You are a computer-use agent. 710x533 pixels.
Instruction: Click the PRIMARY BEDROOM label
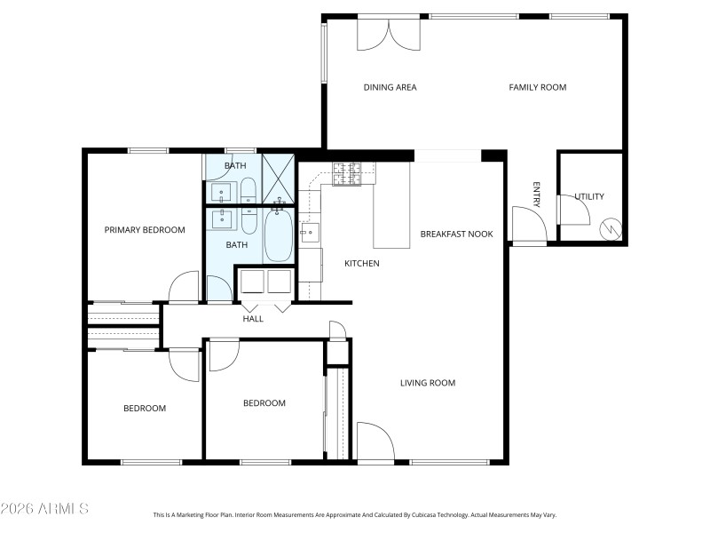tap(145, 230)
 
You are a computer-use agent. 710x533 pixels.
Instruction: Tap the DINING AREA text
tap(390, 87)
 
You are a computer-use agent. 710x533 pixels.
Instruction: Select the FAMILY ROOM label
tap(537, 87)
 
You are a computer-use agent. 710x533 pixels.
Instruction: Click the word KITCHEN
tap(362, 264)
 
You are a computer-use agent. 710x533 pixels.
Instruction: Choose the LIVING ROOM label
tap(427, 384)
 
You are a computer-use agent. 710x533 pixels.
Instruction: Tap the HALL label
tap(253, 319)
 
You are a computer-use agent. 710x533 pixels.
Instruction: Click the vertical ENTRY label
tap(536, 195)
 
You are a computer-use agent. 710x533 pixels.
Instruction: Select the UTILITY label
tap(588, 196)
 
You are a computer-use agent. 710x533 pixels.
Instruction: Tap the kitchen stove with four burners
tap(348, 174)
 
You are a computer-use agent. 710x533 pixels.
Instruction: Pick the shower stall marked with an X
tap(278, 177)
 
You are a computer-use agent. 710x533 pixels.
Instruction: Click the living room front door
tap(374, 442)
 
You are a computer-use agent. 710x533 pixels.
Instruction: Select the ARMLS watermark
tap(44, 509)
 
